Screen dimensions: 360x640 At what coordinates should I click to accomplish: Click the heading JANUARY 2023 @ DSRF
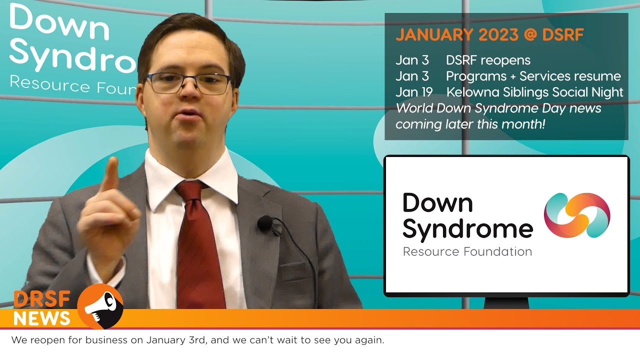(489, 35)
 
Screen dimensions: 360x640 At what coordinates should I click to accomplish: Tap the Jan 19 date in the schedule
(412, 92)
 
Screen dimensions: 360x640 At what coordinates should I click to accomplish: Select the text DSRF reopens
(488, 60)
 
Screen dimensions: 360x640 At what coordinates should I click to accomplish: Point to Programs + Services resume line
(533, 76)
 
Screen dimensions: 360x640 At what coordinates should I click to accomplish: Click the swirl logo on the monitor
(576, 215)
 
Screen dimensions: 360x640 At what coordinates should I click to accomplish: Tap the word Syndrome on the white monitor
(467, 228)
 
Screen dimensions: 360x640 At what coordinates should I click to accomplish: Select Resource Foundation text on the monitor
(467, 251)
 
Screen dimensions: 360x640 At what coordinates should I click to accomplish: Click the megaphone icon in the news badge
(100, 305)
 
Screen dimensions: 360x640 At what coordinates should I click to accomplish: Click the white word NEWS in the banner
(42, 318)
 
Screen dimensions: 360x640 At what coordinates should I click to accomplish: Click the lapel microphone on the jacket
(264, 223)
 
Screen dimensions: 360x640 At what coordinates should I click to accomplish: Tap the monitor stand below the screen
(506, 302)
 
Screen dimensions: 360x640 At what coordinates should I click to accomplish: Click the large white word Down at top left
(59, 22)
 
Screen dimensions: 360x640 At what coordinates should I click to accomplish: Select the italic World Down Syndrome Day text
(498, 108)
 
